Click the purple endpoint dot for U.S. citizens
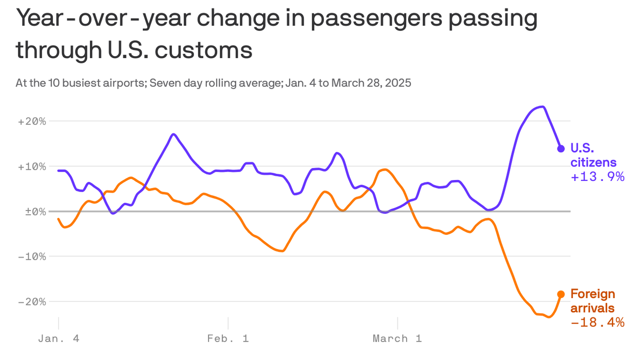561,149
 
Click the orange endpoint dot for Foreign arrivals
561,294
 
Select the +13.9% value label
597,177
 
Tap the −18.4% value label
597,322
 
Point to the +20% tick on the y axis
32,121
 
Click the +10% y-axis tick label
32,166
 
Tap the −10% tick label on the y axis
32,256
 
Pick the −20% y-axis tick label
32,301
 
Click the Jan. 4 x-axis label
59,338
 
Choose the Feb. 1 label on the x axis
228,338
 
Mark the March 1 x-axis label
397,338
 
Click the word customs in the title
203,50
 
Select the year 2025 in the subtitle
399,83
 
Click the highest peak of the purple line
542,107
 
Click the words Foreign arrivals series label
592,301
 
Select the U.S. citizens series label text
593,155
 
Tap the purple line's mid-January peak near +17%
173,134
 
